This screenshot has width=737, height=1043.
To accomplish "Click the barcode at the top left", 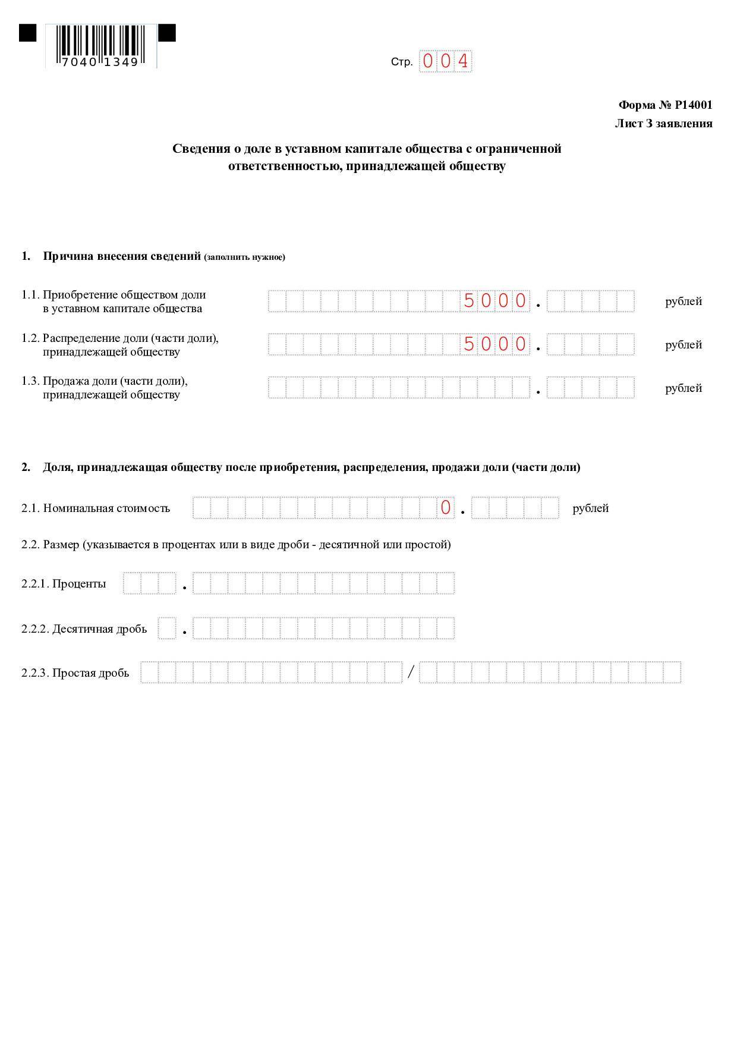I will tap(100, 46).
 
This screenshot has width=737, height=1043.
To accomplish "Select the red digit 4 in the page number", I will tap(463, 61).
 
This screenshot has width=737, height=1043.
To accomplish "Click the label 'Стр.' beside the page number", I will tap(401, 62).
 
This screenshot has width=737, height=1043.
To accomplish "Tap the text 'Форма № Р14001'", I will tap(665, 105).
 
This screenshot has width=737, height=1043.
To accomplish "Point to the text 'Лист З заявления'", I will tap(663, 124).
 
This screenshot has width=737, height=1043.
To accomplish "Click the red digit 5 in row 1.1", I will tap(469, 301).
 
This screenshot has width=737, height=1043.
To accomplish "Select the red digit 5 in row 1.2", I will tap(469, 344).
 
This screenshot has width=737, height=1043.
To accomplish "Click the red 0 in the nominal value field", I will tap(446, 508).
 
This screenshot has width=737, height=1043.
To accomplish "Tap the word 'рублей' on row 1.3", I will tap(684, 388).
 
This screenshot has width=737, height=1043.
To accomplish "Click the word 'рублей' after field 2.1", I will tap(590, 508).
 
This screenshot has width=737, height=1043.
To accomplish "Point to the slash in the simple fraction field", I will tap(411, 673).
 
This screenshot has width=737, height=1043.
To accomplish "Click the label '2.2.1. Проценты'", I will tap(64, 583).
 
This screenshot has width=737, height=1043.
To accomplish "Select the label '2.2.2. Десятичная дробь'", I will tap(84, 629).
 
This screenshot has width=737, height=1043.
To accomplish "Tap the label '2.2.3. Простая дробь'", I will tap(75, 673).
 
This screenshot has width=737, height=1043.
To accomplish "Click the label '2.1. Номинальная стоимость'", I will tap(96, 508).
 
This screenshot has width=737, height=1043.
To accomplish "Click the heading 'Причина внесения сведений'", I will tap(121, 256).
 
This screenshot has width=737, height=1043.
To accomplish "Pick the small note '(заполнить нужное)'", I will tap(244, 257).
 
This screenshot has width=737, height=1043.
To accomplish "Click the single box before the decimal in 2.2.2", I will tap(167, 629).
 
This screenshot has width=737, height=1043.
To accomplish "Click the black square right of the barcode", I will tap(167, 33).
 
